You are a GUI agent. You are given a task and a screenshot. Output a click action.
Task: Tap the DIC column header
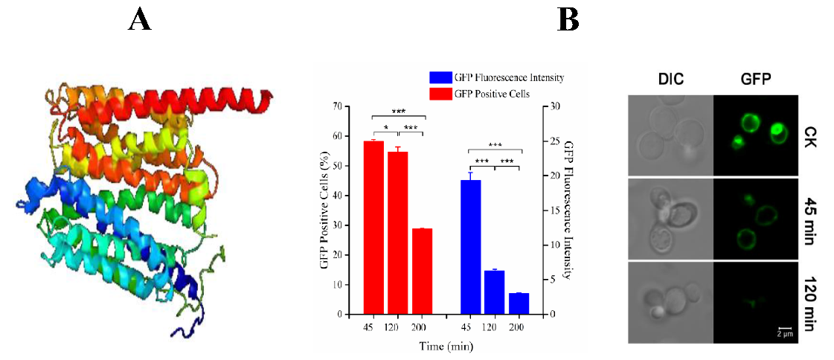coord(671,79)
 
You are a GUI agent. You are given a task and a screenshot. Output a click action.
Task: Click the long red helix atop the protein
coord(223,94)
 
